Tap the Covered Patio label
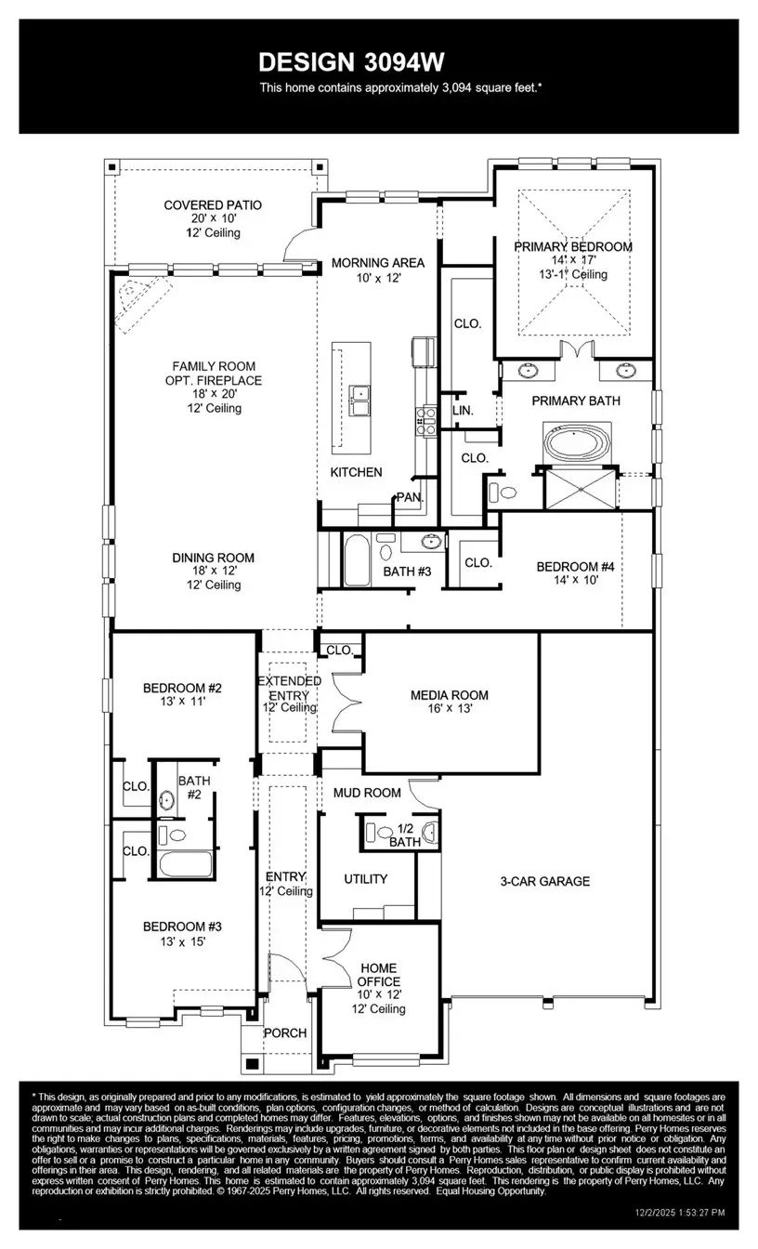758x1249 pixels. [213, 205]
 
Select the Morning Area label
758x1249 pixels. [378, 263]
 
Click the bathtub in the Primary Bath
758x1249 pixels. [579, 443]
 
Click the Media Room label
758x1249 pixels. [450, 695]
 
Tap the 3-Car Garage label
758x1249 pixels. [544, 881]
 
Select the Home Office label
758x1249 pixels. [379, 975]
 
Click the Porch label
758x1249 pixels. [285, 1032]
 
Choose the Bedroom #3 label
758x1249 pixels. [182, 927]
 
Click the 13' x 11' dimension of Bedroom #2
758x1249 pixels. [182, 703]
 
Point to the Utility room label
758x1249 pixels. [366, 879]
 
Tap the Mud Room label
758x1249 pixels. [368, 793]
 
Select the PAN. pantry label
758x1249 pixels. [410, 497]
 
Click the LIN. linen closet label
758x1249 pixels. [463, 410]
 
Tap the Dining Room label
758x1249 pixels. [213, 559]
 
